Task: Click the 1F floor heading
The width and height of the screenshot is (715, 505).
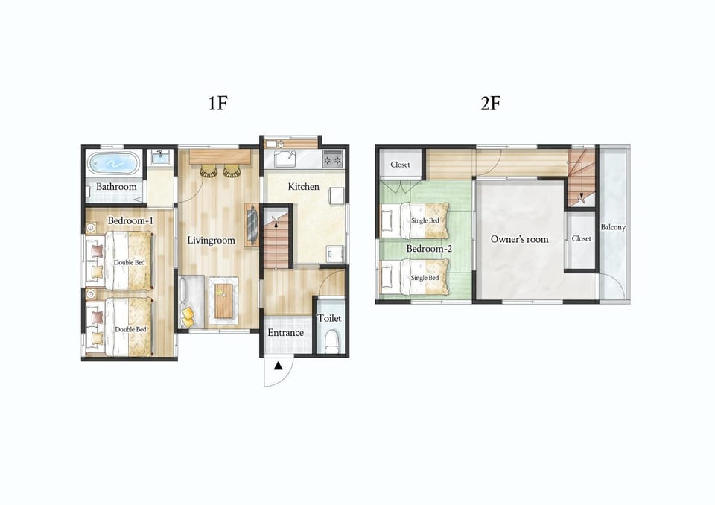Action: coord(218,103)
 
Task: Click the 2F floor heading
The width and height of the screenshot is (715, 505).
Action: coord(491,103)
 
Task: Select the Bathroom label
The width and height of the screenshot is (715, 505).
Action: coord(116,186)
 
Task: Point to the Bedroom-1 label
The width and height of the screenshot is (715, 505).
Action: coord(130,220)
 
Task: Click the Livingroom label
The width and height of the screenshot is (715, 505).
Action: coord(211,240)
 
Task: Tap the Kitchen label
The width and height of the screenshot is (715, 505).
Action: coord(304,186)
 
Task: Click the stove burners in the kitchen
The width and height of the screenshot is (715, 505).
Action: coord(332,159)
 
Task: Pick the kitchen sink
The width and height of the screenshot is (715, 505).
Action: coord(285,159)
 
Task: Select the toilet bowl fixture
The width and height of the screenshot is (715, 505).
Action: coord(332,342)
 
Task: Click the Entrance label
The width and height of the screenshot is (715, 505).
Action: coord(285,332)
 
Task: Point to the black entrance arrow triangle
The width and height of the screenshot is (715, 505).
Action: coord(278,366)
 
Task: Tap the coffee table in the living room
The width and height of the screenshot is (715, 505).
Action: coord(223,301)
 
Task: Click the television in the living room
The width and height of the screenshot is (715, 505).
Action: coord(252,224)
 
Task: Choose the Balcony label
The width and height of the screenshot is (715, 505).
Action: coord(613,227)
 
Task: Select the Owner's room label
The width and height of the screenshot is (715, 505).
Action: coord(519,239)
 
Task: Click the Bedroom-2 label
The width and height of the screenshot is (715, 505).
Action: coord(429,249)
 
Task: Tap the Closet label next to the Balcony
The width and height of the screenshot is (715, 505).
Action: coord(582,238)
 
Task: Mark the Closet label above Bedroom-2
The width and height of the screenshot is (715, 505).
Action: coord(401,165)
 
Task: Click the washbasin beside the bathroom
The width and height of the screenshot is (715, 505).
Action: coord(159,158)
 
